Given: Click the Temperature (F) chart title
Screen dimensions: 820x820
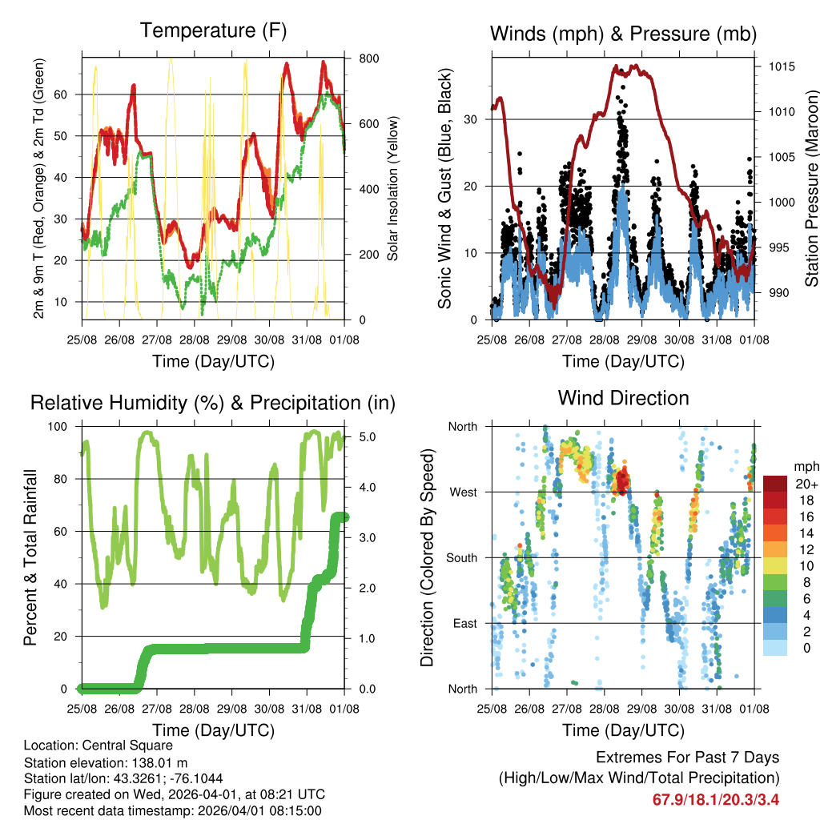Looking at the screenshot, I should coord(213,31).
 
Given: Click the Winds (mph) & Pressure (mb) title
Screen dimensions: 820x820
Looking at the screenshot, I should coord(623,34).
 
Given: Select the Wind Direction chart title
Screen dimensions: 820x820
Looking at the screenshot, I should coord(623,398).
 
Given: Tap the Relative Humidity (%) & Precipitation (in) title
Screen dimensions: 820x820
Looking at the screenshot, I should coord(213,403).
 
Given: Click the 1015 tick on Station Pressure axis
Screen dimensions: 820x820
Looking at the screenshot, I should coord(782,66).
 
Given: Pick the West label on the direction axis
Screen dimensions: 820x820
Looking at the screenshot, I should coord(462,492).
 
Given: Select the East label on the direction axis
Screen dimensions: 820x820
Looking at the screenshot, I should coord(464,623).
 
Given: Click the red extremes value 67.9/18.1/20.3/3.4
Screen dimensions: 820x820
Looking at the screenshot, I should coord(717,799).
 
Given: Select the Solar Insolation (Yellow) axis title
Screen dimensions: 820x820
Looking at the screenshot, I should coord(393,188).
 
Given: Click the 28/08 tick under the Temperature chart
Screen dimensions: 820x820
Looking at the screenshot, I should coord(195,340).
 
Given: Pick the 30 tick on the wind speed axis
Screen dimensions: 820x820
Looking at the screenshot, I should coord(473,119).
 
